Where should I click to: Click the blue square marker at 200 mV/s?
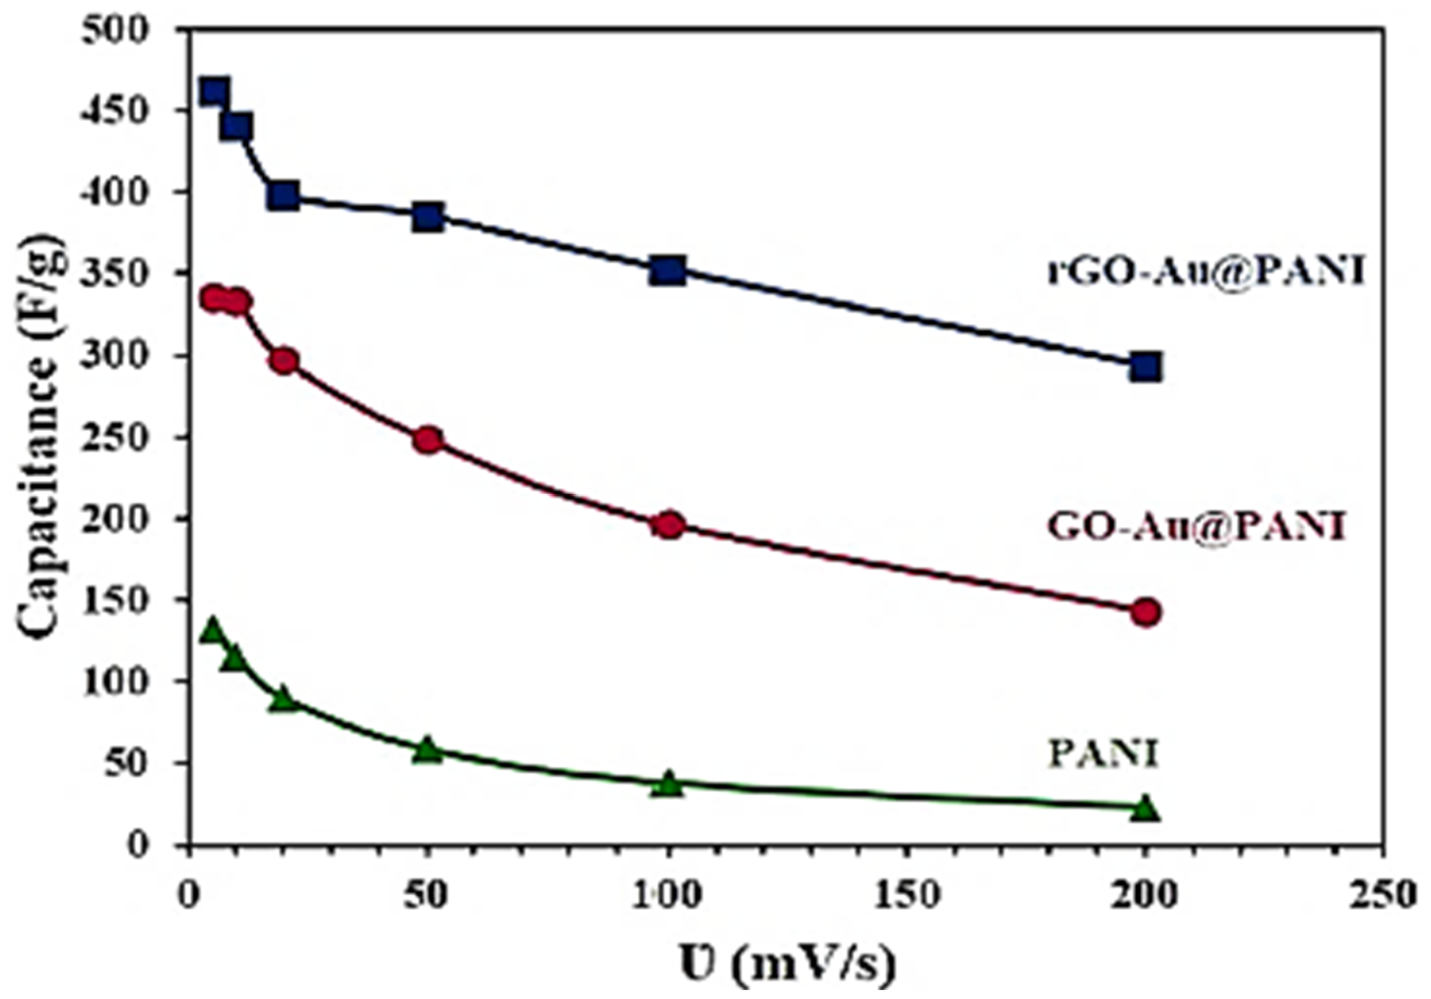pyautogui.click(x=1146, y=368)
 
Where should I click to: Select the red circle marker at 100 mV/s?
pyautogui.click(x=669, y=526)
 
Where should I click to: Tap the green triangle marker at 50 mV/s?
pyautogui.click(x=427, y=750)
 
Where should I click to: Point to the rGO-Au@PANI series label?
pyautogui.click(x=1205, y=272)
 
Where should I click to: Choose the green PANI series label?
pyautogui.click(x=1103, y=754)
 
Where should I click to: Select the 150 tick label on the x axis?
pyautogui.click(x=905, y=896)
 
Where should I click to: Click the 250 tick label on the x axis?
pyautogui.click(x=1384, y=896)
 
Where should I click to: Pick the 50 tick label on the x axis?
pyautogui.click(x=427, y=896)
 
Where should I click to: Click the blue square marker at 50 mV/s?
pyautogui.click(x=427, y=217)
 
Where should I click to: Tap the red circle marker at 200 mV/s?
pyautogui.click(x=1146, y=612)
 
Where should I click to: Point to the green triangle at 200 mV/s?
pyautogui.click(x=1146, y=809)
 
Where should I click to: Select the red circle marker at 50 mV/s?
pyautogui.click(x=427, y=441)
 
